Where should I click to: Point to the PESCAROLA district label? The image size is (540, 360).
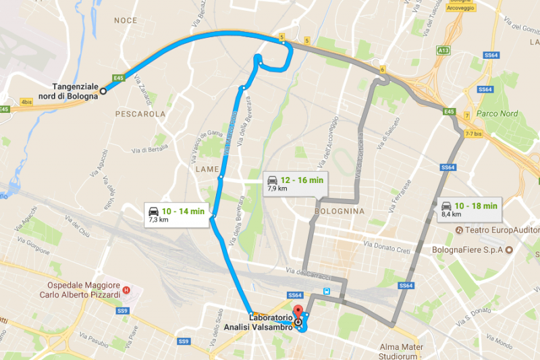tap(140, 114)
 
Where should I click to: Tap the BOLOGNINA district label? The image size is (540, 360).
tap(339, 211)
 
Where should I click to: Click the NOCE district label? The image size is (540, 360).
tap(126, 21)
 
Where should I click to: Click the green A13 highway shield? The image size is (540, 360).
tap(443, 50)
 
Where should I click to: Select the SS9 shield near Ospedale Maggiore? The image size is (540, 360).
tap(122, 311)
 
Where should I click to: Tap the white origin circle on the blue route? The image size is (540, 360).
tap(103, 91)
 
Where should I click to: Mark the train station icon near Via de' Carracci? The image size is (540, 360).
tap(327, 291)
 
